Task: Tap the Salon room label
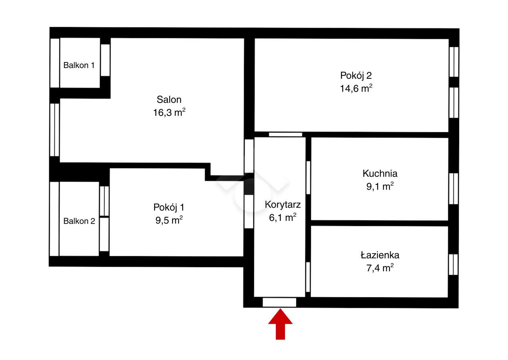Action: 169,100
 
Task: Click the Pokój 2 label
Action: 353,75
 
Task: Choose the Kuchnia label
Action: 380,174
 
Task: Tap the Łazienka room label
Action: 379,255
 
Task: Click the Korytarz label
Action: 283,204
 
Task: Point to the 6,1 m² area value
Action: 283,217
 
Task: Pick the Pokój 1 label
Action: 169,207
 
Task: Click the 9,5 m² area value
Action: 169,220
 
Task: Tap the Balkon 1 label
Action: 79,65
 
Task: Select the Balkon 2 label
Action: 79,221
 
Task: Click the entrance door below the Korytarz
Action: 279,302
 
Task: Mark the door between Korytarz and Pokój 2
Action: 285,134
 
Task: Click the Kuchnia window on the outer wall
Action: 453,188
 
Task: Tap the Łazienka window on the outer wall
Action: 453,264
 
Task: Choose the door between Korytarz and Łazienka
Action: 308,277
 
